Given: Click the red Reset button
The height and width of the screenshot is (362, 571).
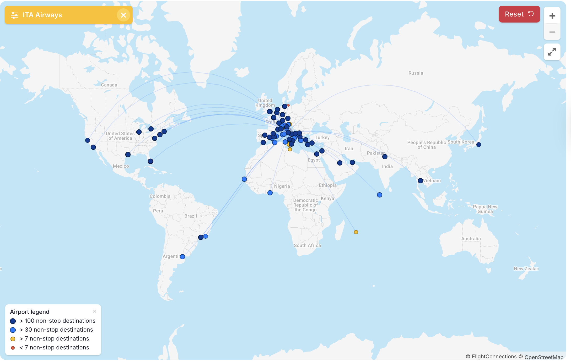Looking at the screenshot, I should pos(519,14).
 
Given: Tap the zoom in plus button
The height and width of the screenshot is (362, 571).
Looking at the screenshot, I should pos(552,16).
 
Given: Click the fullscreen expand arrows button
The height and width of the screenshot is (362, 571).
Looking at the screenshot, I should pos(552,52).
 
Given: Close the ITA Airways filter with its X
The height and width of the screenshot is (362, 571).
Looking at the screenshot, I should pos(123,15).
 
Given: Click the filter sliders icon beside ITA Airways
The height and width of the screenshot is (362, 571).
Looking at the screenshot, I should pos(14,15).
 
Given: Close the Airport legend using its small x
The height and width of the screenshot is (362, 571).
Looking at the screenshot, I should pos(94,311).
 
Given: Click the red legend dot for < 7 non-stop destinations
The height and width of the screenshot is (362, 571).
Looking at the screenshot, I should pos(13,348).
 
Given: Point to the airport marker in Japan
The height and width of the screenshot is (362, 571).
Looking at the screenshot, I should pos(479,145).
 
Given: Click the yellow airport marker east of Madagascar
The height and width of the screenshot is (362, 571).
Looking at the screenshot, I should pos(356,232).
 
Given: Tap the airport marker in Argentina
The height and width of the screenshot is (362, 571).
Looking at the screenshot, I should pos(182,257).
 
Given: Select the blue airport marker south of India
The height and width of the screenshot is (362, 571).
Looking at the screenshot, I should pos(380,195).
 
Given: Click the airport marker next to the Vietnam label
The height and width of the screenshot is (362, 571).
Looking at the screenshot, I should pos(421,181).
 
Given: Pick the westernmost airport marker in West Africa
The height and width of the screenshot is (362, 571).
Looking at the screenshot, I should pos(244,179).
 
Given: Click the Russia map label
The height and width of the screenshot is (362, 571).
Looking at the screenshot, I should pos(416,73).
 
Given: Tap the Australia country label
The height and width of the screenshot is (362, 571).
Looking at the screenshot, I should pos(471,239).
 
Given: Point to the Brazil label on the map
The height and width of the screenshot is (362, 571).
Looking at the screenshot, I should pos(191,216).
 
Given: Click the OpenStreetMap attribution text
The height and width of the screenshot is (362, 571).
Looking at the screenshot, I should pos(544,357).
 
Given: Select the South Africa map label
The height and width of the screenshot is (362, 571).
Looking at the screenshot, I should pos(307,245).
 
